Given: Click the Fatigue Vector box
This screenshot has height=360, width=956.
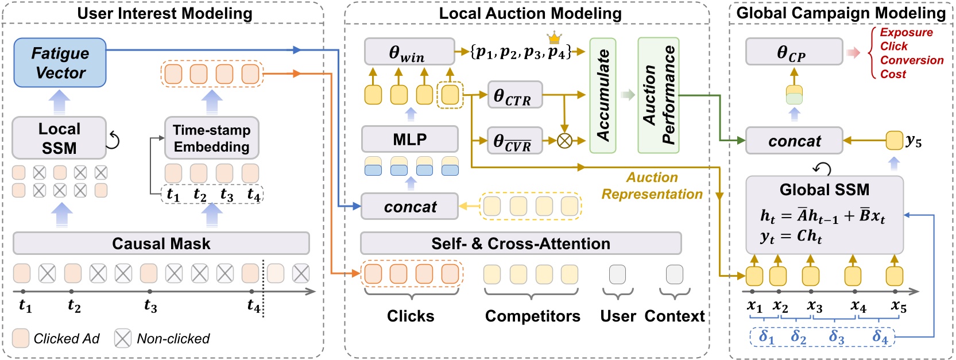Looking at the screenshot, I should [x=60, y=63].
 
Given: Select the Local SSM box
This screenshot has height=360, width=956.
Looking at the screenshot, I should [x=59, y=138].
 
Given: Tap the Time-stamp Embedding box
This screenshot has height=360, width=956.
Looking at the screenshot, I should [x=211, y=138].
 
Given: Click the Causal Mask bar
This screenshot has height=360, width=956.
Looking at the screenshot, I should [x=161, y=243].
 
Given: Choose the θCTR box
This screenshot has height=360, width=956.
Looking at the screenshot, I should [x=514, y=95].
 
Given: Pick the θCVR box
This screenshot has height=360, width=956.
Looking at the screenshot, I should [x=514, y=141].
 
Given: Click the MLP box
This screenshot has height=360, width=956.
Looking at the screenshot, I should [x=409, y=140].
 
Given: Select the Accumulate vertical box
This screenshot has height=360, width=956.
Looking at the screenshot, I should [x=603, y=95].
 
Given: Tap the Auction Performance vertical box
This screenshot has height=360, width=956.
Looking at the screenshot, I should [x=659, y=95].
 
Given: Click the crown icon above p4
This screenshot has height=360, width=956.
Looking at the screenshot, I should [x=554, y=38].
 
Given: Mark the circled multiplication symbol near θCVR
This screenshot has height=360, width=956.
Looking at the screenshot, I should [x=564, y=141].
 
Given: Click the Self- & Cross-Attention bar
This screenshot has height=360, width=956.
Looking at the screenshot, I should [x=520, y=243].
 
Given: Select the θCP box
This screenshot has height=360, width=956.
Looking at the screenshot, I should [x=794, y=52].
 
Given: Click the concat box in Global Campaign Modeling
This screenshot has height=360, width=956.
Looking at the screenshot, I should [x=794, y=141].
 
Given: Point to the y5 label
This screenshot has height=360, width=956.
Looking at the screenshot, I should [x=913, y=141].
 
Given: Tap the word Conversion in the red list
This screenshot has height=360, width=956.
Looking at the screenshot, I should [x=911, y=60].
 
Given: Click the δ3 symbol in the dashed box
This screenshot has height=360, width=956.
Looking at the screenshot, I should [x=836, y=336].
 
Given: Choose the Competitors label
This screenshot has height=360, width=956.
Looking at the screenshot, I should [x=532, y=316].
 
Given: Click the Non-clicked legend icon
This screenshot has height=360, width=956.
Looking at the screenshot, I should [x=122, y=339].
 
